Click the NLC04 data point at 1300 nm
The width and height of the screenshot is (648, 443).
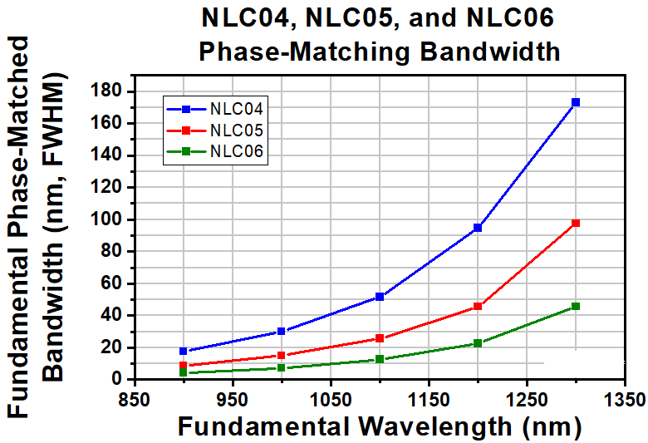[576, 102]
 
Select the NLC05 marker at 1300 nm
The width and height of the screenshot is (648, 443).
[576, 223]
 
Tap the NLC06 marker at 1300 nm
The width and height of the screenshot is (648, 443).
[576, 306]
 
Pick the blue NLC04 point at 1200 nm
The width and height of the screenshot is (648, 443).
[478, 228]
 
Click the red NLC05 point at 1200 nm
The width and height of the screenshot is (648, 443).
[478, 306]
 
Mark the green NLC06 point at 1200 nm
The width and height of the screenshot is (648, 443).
[478, 342]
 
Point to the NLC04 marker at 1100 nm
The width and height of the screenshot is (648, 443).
[380, 296]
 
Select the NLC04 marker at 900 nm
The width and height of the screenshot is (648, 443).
[184, 351]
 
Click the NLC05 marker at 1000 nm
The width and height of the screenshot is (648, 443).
[282, 355]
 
